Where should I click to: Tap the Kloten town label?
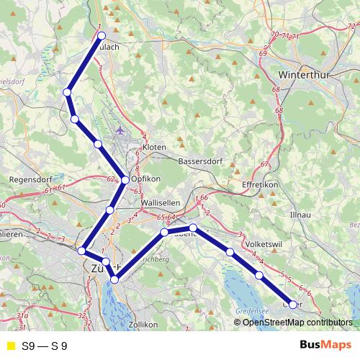155,147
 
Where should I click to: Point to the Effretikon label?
258,185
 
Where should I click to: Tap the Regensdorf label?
28,179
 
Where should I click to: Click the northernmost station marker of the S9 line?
102,35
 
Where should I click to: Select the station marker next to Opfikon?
125,180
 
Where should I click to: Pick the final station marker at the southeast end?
292,305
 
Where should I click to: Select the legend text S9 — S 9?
45,346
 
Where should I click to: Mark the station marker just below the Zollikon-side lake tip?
114,279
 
